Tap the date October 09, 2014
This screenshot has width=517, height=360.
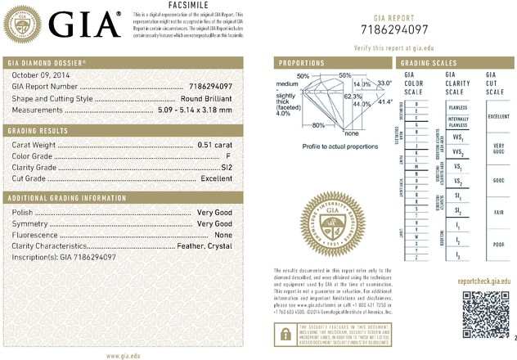coord(34,75)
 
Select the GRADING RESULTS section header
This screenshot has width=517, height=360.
coord(38,131)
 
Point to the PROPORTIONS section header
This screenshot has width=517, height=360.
coord(302,62)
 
